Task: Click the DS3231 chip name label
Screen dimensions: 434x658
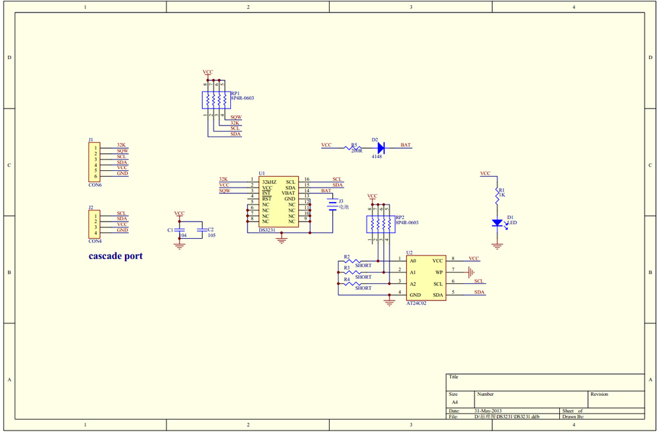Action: pos(268,230)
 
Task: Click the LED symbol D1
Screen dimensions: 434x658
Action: pos(498,222)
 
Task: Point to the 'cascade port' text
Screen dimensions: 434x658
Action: pos(116,256)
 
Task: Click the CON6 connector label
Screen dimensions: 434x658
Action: pos(95,185)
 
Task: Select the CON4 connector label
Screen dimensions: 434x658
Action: pos(95,241)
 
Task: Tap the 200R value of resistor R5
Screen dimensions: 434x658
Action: pos(357,151)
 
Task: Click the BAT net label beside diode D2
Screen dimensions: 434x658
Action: pos(405,145)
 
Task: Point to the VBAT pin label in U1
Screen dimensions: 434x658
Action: pos(289,193)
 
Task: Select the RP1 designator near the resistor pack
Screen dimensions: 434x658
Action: pos(235,93)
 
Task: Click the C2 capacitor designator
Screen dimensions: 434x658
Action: pos(211,229)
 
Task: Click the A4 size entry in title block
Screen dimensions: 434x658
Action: pos(454,402)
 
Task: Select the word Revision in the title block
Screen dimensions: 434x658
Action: pos(599,394)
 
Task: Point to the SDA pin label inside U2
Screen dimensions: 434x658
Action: pos(438,295)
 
